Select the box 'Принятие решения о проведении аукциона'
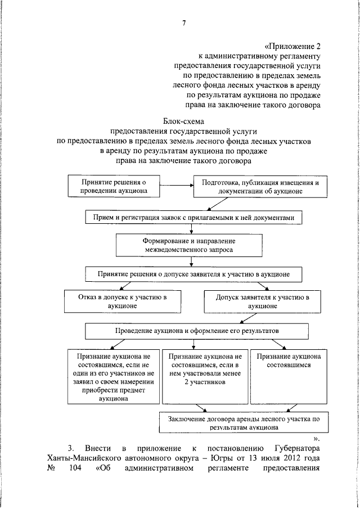pos(114,186)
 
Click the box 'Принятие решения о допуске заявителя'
pos(193,274)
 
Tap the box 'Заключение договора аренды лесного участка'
pos(240,423)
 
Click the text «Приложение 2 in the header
pos(292,47)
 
